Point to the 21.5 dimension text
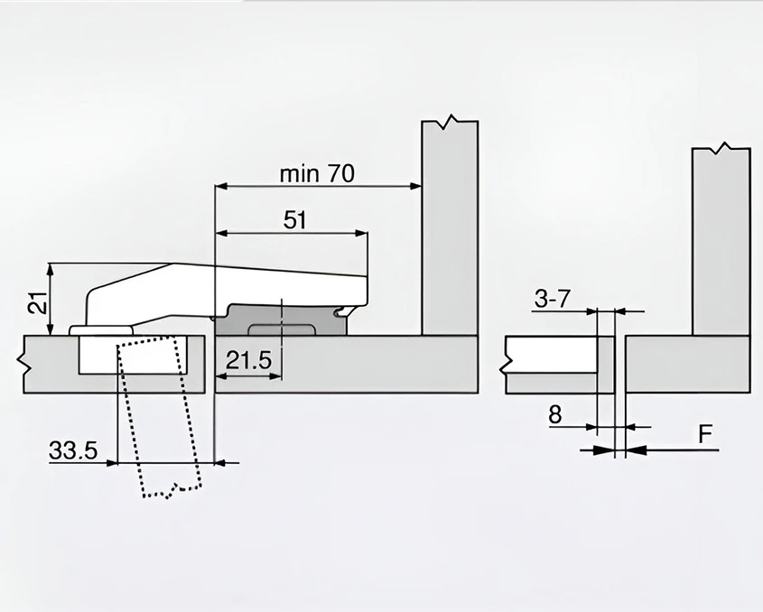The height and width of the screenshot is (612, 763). (x=248, y=361)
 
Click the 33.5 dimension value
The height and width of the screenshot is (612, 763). (x=73, y=450)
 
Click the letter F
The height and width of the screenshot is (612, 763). (x=706, y=436)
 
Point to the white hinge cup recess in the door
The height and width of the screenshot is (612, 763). (x=135, y=355)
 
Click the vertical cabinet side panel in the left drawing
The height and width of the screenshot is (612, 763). (x=450, y=226)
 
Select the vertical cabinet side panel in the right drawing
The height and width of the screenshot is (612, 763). (x=721, y=239)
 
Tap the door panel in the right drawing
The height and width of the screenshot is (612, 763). (x=551, y=363)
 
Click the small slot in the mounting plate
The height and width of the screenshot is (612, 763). (x=280, y=326)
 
